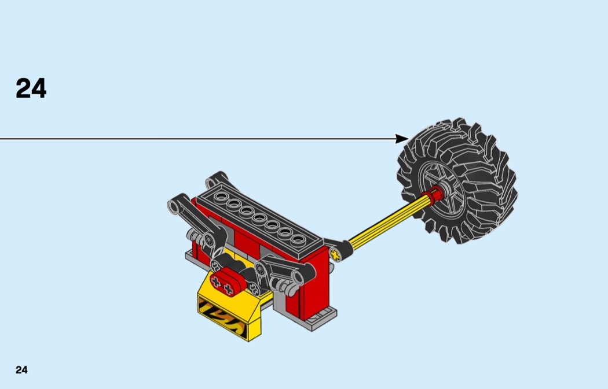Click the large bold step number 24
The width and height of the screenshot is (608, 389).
[31, 88]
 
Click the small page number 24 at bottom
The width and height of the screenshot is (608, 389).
[22, 370]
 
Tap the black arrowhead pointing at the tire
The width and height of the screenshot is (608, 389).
[402, 139]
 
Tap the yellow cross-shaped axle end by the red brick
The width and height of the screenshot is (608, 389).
[335, 254]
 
